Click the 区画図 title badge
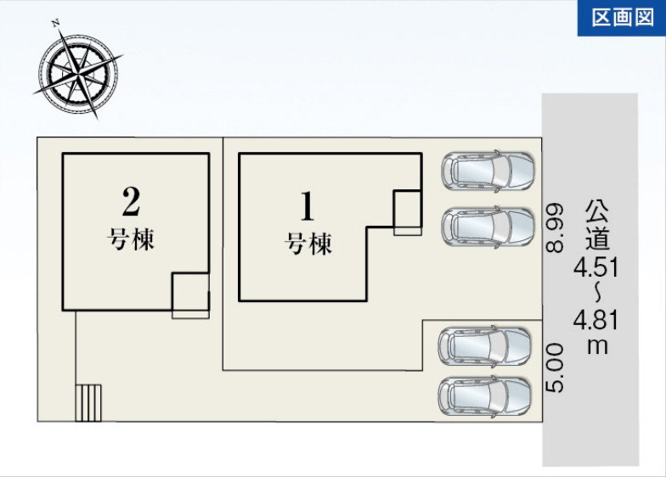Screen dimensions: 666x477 [x=622, y=18]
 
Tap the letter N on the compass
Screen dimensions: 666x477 [x=55, y=24]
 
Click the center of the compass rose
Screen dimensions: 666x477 [x=78, y=75]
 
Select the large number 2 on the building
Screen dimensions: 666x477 [x=131, y=201]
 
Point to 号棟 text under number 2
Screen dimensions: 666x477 [x=131, y=239]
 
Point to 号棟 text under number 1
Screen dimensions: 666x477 [x=308, y=244]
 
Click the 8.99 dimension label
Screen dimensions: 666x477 [x=556, y=228]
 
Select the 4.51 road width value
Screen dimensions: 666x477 [x=596, y=267]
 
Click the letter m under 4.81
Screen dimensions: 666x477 [x=597, y=346]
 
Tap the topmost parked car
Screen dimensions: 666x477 [x=488, y=170]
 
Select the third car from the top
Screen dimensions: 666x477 [x=484, y=346]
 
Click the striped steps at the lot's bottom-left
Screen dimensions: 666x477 [x=88, y=402]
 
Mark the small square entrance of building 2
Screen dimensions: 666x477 [x=190, y=295]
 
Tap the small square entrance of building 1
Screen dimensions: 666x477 [x=408, y=212]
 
